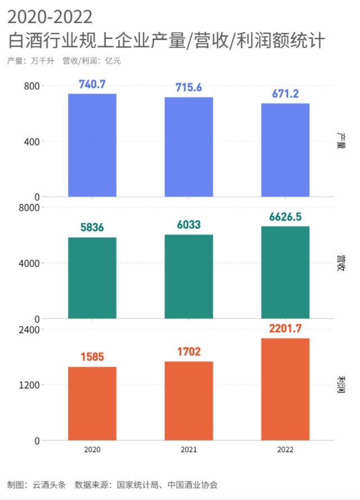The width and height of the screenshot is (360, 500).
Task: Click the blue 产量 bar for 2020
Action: [92, 145]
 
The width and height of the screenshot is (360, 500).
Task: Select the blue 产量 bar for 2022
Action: [285, 150]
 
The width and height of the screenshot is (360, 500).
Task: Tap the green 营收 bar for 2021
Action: [189, 276]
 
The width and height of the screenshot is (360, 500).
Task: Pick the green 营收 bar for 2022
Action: [285, 272]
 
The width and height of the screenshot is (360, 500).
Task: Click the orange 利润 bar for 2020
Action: [92, 403]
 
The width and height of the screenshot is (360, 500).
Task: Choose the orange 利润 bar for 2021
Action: [189, 400]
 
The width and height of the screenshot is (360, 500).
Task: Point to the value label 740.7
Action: [92, 85]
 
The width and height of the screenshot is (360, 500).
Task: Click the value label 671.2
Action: [285, 94]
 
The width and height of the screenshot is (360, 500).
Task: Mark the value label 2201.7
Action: [285, 328]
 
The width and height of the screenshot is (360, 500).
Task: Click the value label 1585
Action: [92, 357]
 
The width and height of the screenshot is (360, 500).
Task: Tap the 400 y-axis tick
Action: [31, 141]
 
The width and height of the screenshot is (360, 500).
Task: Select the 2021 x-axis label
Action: [189, 450]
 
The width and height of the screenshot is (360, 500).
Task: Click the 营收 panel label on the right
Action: [340, 263]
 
